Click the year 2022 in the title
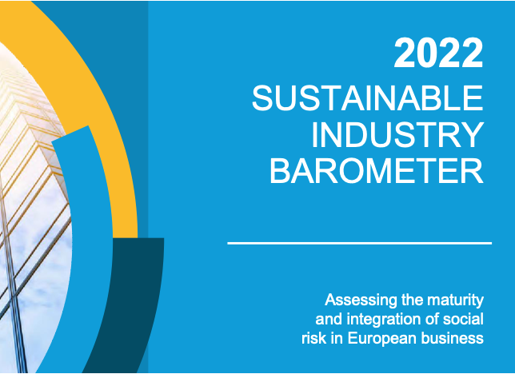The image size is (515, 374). pyautogui.click(x=438, y=53)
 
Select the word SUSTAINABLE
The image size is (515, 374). pyautogui.click(x=368, y=97)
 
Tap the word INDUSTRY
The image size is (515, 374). pyautogui.click(x=397, y=135)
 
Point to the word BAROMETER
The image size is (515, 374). pyautogui.click(x=377, y=171)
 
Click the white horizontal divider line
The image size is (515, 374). pyautogui.click(x=359, y=243)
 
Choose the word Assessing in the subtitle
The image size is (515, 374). pyautogui.click(x=361, y=300)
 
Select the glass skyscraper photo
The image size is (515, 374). pyautogui.click(x=30, y=213)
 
